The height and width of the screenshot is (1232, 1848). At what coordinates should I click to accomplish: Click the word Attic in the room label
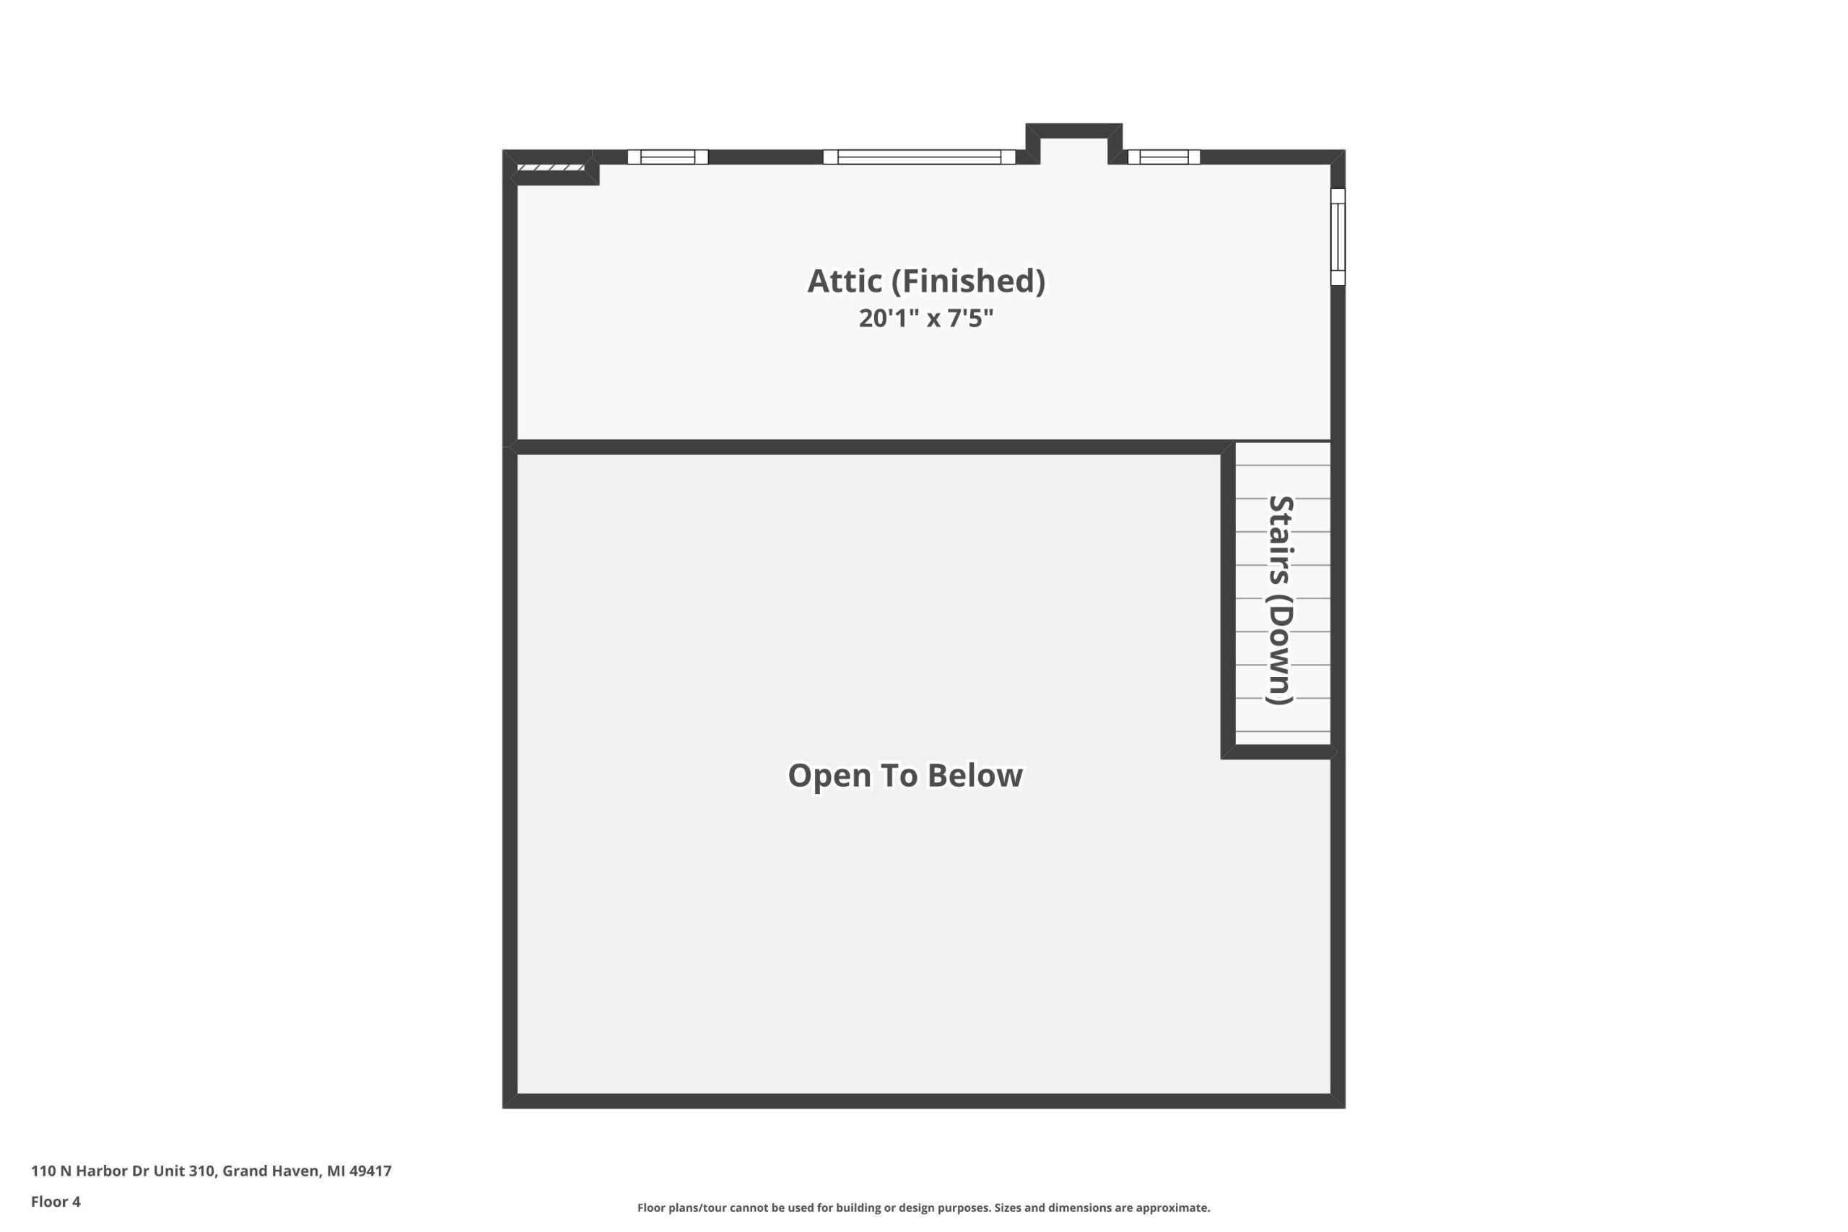845,281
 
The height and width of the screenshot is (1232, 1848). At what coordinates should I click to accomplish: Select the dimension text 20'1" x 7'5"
925,318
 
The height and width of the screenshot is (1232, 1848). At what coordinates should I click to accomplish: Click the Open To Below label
905,775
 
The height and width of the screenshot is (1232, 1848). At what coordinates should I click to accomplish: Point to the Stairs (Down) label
1280,600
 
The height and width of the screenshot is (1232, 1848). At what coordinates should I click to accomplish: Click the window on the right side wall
1338,237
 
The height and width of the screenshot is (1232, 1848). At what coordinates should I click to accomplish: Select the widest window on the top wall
919,157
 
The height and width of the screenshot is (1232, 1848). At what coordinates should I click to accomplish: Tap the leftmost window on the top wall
668,157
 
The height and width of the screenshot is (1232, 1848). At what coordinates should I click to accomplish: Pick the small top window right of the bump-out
1164,157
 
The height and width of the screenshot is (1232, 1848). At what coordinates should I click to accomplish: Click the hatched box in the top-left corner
551,167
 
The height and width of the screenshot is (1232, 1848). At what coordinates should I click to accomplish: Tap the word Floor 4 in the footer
56,1202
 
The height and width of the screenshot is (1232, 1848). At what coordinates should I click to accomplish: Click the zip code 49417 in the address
370,1171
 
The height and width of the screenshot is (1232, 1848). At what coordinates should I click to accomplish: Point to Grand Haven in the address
270,1171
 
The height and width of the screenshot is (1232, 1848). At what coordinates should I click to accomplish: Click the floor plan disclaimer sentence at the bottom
923,1207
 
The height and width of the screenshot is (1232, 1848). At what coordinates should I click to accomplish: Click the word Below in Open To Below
975,775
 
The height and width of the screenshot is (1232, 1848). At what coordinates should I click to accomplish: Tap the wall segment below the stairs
1279,752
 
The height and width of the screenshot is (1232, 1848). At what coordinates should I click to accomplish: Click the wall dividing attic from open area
868,447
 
